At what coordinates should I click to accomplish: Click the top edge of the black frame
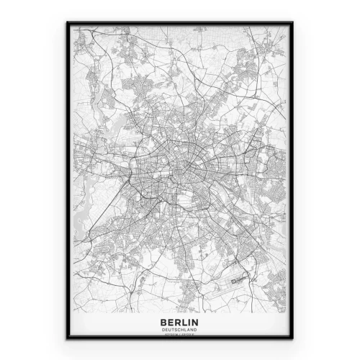click(180, 22)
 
